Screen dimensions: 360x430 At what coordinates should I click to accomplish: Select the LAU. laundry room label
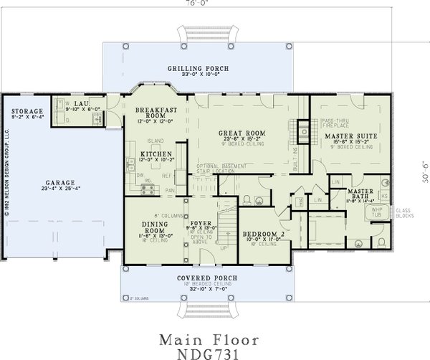[81, 105]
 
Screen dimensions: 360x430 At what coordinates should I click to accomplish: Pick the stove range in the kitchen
[148, 190]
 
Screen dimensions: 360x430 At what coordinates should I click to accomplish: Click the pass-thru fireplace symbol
[303, 131]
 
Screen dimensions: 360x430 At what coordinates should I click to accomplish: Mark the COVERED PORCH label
[196, 278]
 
